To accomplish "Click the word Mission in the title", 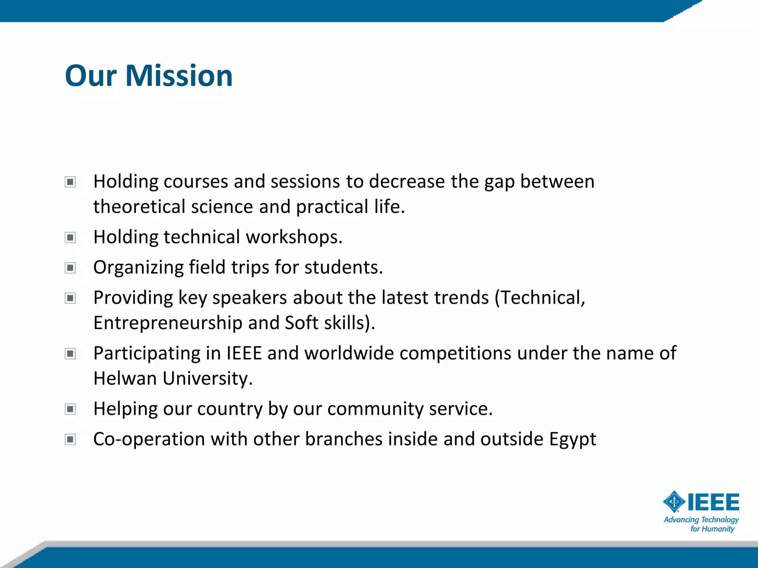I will point(179,76).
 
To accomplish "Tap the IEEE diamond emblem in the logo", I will point(674,502).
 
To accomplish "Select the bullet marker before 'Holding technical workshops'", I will point(70,237).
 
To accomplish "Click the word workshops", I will point(294,237).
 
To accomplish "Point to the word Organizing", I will point(138,267).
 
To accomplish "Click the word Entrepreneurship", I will point(168,323).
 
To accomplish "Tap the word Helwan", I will point(125,379).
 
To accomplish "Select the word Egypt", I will point(573,439).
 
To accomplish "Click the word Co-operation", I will point(149,439).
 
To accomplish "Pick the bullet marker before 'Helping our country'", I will point(70,409).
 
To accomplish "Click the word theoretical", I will point(139,207).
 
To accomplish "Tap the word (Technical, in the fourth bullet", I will point(540,298).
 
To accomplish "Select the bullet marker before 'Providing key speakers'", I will point(70,298).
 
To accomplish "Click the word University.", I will point(208,379).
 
